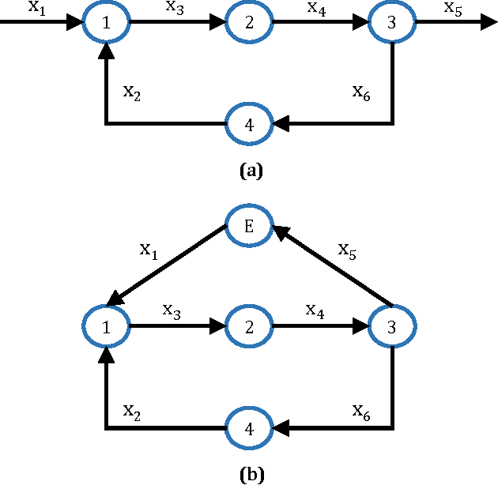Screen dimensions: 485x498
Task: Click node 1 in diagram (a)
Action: (x=106, y=23)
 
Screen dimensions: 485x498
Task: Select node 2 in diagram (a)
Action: (x=249, y=23)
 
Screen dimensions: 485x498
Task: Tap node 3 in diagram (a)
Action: (x=392, y=23)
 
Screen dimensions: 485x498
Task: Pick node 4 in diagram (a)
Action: (x=249, y=124)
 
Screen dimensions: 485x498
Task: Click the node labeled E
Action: (x=249, y=226)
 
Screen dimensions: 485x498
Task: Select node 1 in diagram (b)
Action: (x=106, y=325)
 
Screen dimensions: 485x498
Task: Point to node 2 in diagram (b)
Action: (x=249, y=325)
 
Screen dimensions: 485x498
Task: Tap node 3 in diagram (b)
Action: (x=392, y=325)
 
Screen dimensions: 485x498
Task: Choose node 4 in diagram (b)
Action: (x=249, y=428)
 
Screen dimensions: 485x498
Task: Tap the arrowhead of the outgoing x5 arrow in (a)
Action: (x=487, y=23)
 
